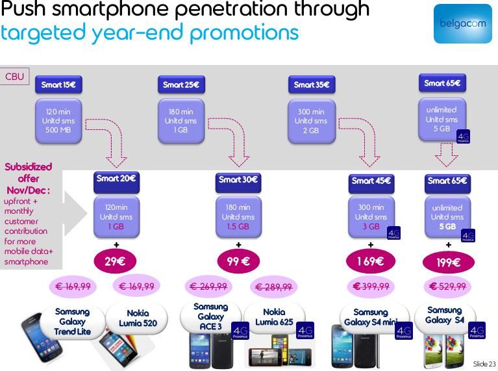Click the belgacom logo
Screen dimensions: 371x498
463,23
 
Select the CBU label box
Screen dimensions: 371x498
14,77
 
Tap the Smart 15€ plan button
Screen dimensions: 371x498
58,84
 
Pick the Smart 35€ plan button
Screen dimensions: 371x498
312,84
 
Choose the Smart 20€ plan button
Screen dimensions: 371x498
116,179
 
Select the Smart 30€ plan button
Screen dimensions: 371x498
238,180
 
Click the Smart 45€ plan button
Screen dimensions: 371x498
371,181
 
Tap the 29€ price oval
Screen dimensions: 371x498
116,262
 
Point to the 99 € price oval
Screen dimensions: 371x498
238,261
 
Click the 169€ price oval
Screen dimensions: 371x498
371,262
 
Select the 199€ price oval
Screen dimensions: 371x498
448,262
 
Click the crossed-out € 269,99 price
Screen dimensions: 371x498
208,287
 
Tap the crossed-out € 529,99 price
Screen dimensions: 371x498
448,287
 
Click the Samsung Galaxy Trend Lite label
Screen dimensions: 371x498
72,322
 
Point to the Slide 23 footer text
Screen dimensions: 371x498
484,364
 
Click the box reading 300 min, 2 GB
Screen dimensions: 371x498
312,121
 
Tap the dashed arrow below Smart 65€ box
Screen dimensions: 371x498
446,155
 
